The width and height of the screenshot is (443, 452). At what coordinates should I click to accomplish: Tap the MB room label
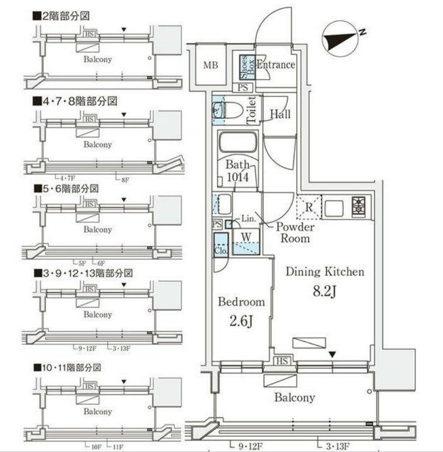pos(211,66)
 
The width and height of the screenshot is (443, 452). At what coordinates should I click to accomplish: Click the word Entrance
pos(276,65)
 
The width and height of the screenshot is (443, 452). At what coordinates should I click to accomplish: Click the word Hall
pos(280,114)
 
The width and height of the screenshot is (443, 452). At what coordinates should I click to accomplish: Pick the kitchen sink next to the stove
pos(334,207)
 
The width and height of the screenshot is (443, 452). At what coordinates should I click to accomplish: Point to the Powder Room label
pos(295,233)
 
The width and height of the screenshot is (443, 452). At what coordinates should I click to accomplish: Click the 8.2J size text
pos(325,291)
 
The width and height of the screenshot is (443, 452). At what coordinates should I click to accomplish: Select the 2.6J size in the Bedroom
pos(241,321)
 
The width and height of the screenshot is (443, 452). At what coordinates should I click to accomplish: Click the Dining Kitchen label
pos(325,272)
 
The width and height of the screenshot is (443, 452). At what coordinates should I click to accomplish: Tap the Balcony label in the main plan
pos(294,397)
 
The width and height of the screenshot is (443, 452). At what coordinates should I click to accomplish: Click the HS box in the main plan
pos(281,361)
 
